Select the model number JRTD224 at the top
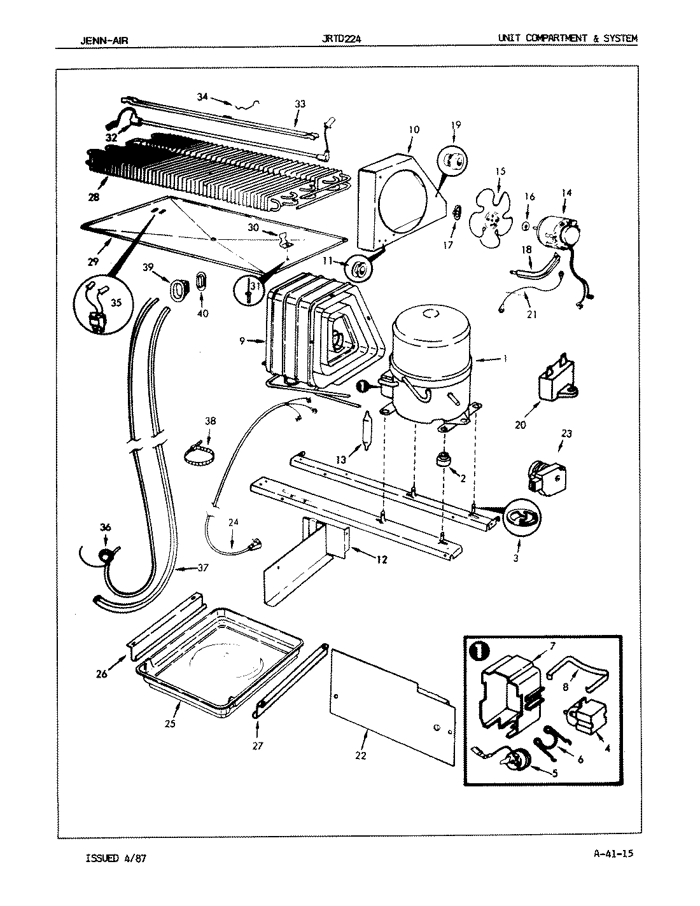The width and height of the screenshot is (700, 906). click(343, 39)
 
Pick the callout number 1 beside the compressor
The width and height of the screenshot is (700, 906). click(504, 359)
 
